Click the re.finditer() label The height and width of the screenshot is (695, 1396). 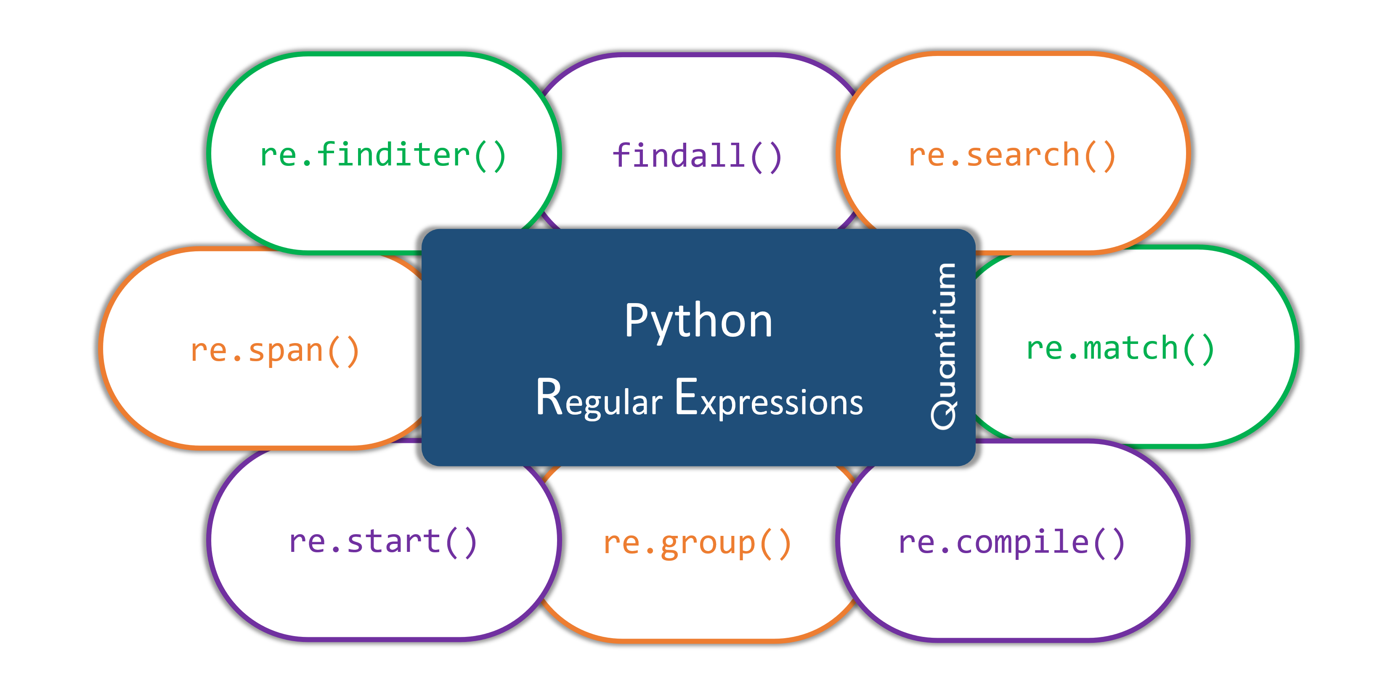(382, 156)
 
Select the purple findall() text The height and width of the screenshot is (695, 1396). (696, 157)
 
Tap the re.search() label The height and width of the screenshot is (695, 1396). (1011, 156)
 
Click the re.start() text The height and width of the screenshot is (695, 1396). (382, 542)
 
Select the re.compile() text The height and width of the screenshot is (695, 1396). (1011, 542)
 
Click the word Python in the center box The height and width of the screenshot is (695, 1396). (698, 321)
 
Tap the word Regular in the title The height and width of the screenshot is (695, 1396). (599, 399)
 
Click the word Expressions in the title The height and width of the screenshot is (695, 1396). (768, 400)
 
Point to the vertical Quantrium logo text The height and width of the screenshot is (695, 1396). (944, 347)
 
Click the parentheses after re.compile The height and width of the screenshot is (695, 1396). (1109, 543)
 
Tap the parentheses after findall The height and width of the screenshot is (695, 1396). (766, 158)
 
